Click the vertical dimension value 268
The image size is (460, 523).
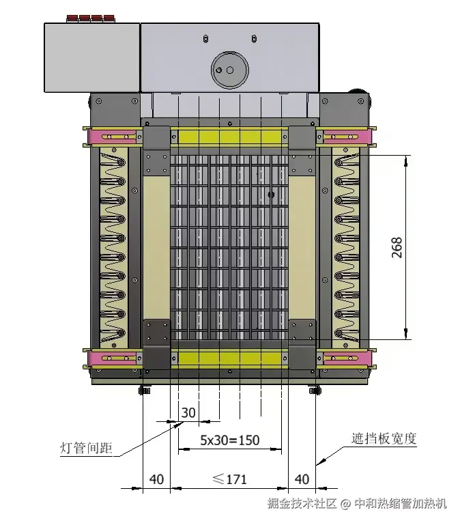(x=397, y=247)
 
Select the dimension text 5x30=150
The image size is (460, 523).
(x=229, y=440)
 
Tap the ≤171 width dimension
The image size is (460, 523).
(x=229, y=479)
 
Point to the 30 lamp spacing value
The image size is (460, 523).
(x=188, y=412)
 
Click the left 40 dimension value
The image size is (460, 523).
(x=156, y=479)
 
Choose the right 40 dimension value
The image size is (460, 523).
(x=302, y=479)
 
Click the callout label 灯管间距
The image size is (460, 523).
(x=85, y=449)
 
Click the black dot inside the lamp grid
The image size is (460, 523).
(x=271, y=195)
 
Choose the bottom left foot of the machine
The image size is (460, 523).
(x=144, y=391)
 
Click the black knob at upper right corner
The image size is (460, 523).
(x=356, y=94)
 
